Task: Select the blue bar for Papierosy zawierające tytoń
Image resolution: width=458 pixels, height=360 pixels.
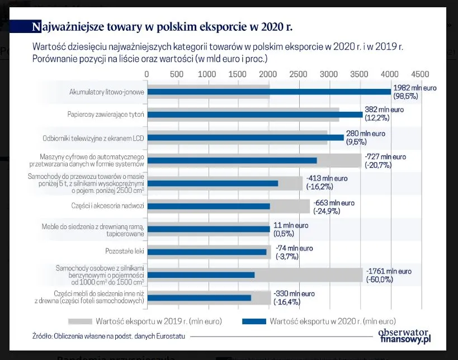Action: tap(254, 115)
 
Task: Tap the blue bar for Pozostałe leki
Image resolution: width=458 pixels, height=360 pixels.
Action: tap(206, 252)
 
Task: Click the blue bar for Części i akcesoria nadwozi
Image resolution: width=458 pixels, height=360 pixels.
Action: tap(208, 206)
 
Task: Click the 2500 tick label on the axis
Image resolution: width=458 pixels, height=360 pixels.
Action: tap(299, 74)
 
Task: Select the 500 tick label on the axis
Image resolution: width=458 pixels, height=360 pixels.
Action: tap(177, 74)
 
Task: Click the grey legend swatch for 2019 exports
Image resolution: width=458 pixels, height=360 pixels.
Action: tap(88, 321)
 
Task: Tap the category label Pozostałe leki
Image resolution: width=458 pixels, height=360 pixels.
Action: tap(125, 252)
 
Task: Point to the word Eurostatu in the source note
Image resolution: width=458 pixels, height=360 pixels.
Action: tap(171, 336)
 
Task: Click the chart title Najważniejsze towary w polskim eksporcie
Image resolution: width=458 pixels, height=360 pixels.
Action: tap(163, 26)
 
